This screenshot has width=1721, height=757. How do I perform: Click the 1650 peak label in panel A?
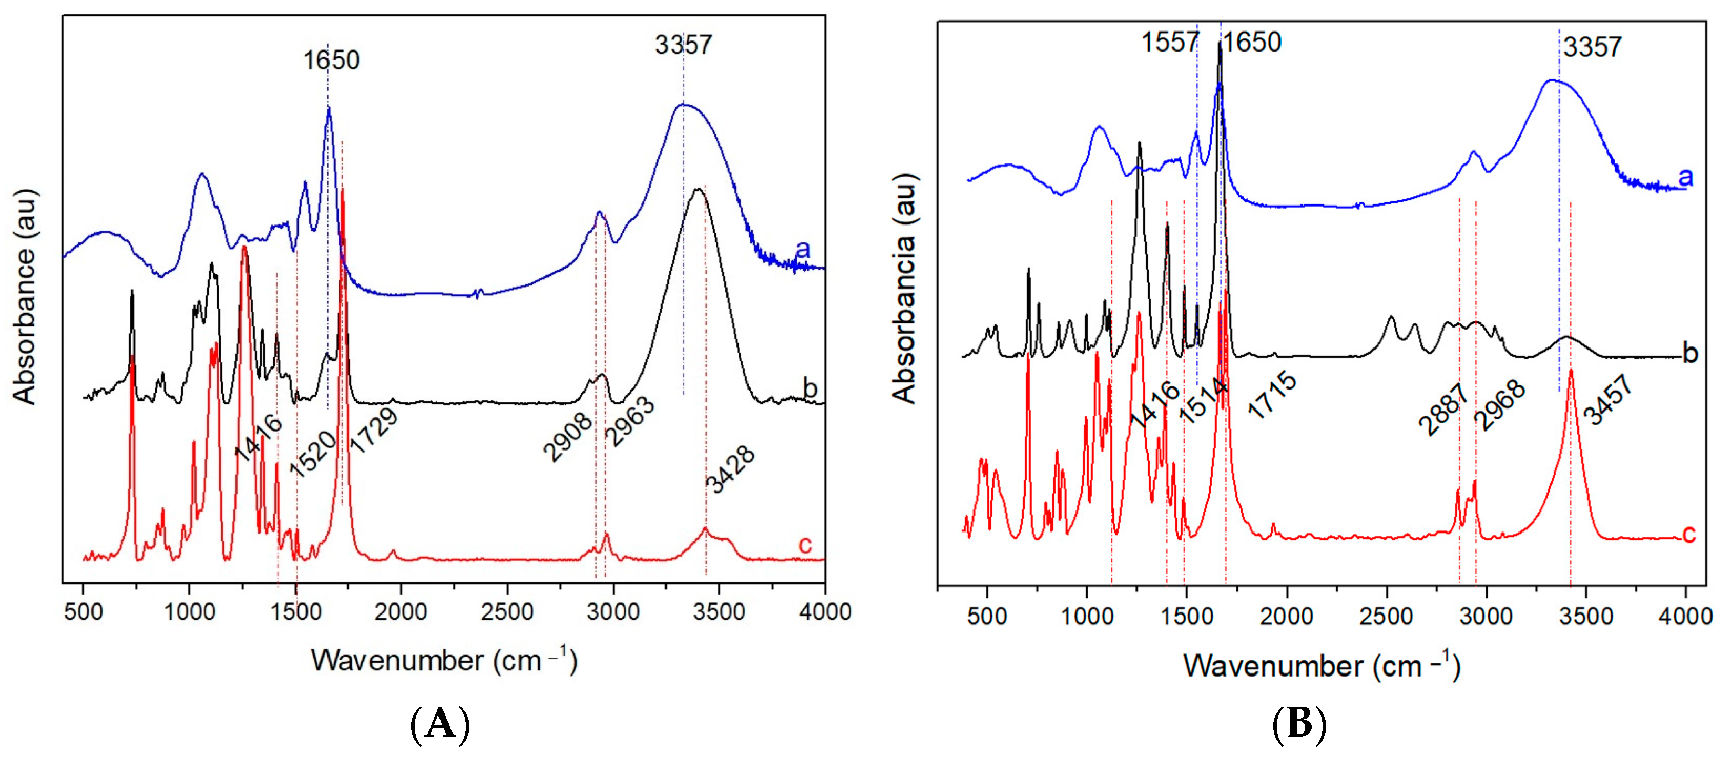point(331,60)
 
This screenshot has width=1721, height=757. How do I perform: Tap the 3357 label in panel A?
point(683,45)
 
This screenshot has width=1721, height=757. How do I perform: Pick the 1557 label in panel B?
point(1169,42)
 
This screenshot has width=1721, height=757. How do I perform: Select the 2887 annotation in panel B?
point(1443,410)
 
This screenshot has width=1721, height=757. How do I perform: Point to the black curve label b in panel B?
point(1689,353)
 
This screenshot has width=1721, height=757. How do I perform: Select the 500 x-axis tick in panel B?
point(987,616)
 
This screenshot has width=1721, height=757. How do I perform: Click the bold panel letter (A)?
point(441,724)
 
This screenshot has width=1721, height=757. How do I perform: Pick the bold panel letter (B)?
point(1299,724)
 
